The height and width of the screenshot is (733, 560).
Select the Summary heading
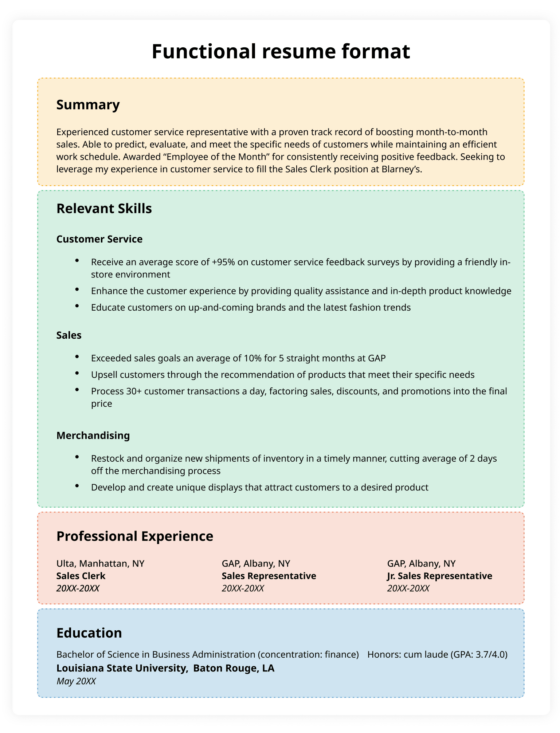[x=88, y=104]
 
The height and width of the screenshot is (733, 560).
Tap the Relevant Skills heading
[x=104, y=208]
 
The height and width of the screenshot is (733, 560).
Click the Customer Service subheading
[x=99, y=239]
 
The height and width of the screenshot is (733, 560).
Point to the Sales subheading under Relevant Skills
[x=69, y=335]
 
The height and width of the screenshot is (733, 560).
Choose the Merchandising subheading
[x=93, y=435]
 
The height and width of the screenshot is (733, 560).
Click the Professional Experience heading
[x=134, y=536]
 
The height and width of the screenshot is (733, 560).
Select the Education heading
[x=89, y=632]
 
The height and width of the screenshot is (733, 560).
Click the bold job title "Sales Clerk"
[x=81, y=576]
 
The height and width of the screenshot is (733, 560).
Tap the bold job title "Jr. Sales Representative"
[x=439, y=576]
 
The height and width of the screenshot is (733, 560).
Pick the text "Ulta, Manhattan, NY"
[x=100, y=563]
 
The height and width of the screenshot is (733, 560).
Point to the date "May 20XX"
[x=76, y=680]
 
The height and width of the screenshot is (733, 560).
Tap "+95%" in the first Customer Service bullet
[x=222, y=261]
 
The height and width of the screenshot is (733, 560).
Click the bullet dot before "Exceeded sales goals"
[x=77, y=357]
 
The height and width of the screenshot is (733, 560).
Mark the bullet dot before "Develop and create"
[x=77, y=487]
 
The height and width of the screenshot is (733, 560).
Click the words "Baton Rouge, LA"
[x=233, y=667]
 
